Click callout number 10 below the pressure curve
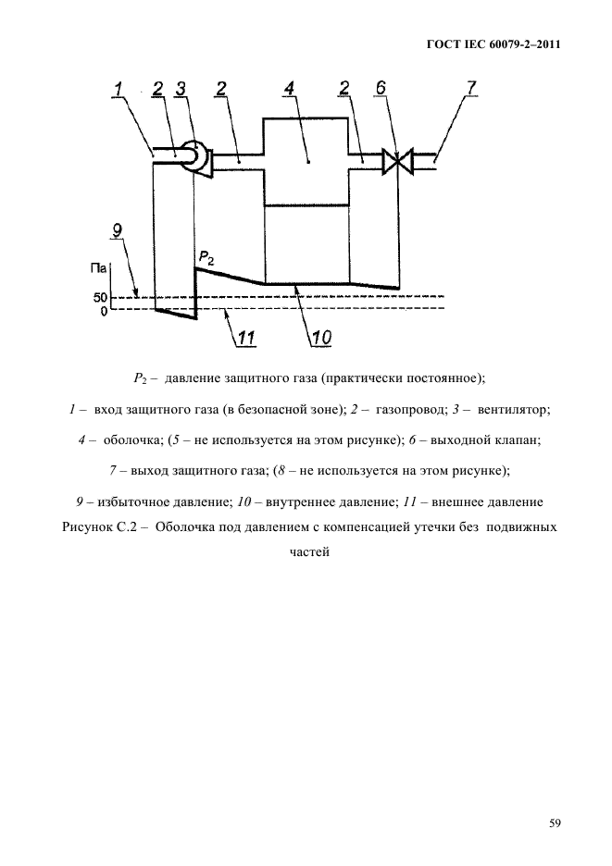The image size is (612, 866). point(320,339)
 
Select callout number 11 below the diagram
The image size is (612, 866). point(245,339)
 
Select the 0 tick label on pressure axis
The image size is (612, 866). point(105,311)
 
